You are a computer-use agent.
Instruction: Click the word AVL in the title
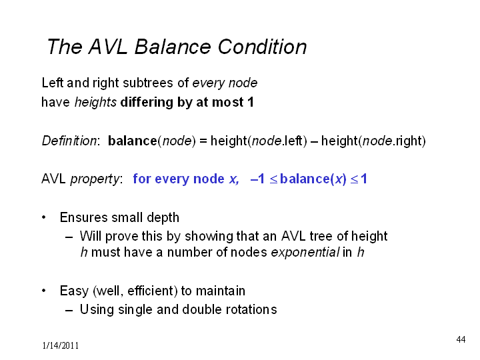coord(108,47)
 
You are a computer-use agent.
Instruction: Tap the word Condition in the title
coord(262,47)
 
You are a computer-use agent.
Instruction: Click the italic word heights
coord(95,102)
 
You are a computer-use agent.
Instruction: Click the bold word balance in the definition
coord(133,141)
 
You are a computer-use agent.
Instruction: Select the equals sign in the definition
coord(203,141)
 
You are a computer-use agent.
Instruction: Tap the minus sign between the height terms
coord(314,141)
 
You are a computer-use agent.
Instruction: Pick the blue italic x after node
coord(233,179)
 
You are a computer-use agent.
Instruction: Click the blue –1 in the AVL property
coord(257,179)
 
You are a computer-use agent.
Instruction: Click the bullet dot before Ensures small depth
coord(44,217)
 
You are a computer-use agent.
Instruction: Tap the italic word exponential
coord(305,252)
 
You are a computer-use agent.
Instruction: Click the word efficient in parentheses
coord(150,291)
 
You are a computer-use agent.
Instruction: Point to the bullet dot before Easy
coord(44,291)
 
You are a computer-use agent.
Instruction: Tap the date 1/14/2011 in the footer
coord(60,345)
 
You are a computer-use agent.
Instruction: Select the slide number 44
coord(461,339)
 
